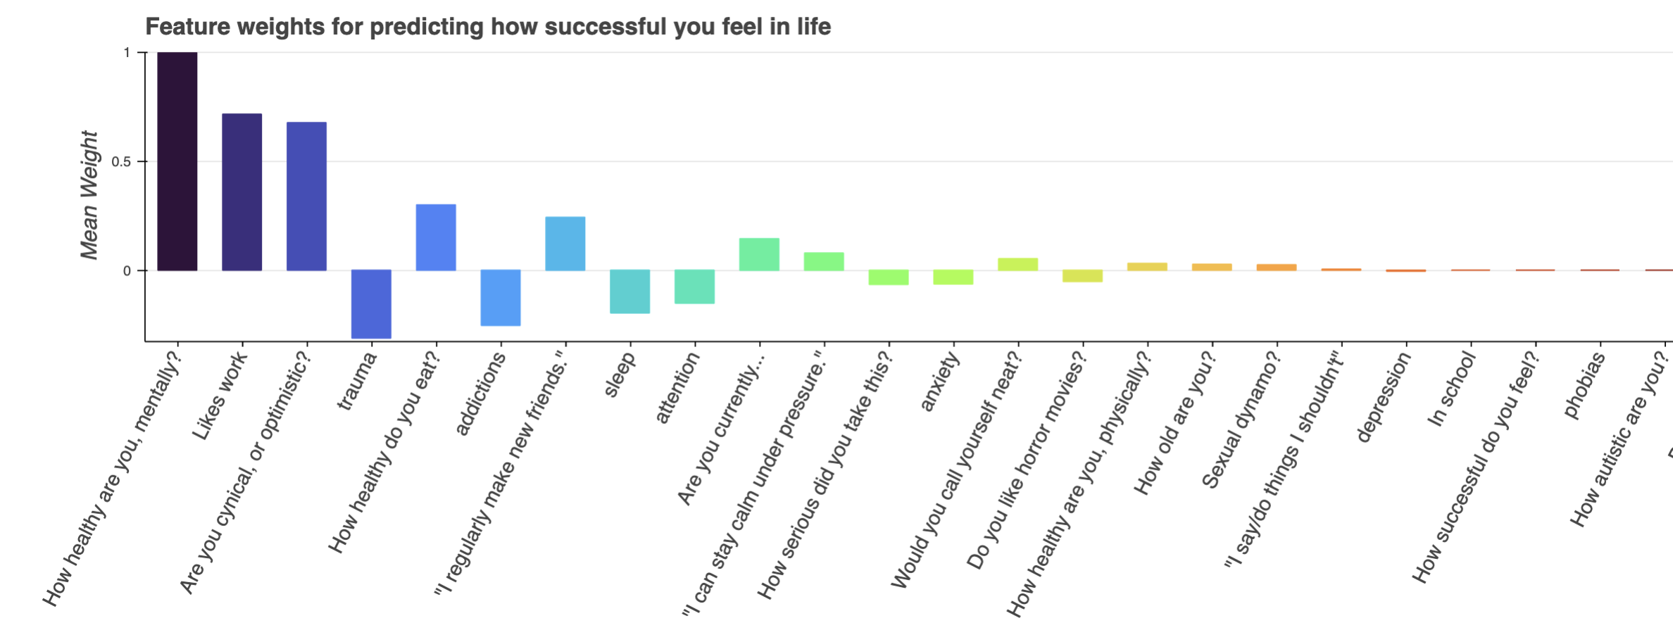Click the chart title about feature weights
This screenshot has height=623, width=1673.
point(487,27)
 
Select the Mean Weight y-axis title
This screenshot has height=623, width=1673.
point(89,195)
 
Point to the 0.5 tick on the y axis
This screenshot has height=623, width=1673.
point(121,162)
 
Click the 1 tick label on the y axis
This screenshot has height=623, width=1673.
point(127,53)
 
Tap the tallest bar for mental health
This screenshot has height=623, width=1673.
point(177,161)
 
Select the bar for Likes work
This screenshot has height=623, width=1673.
point(242,192)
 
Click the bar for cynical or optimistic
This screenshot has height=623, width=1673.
point(306,196)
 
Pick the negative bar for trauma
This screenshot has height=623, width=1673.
point(371,304)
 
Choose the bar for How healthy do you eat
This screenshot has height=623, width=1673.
point(436,237)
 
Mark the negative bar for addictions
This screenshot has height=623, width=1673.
point(501,298)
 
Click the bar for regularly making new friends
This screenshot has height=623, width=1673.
point(565,244)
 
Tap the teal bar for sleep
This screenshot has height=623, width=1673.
point(629,291)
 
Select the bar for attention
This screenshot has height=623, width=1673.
point(694,287)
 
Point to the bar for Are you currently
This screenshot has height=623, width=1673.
point(759,254)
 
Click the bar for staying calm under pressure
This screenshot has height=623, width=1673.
point(824,261)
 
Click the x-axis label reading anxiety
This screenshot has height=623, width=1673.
point(940,382)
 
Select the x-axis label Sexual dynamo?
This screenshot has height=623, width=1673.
point(1241,420)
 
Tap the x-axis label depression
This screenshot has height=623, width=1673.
point(1384,397)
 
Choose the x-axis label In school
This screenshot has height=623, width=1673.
point(1452,389)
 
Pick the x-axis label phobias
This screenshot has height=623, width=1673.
point(1585,385)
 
